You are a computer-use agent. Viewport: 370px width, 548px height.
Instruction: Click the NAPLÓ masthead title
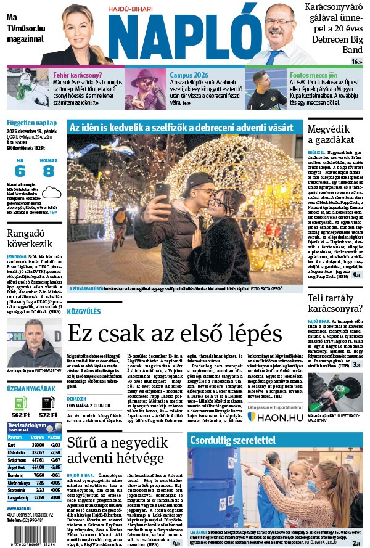(x=186, y=37)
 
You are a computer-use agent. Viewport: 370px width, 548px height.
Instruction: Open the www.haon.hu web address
(x=21, y=508)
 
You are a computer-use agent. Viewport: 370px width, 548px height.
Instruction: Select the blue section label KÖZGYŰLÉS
(x=84, y=313)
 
